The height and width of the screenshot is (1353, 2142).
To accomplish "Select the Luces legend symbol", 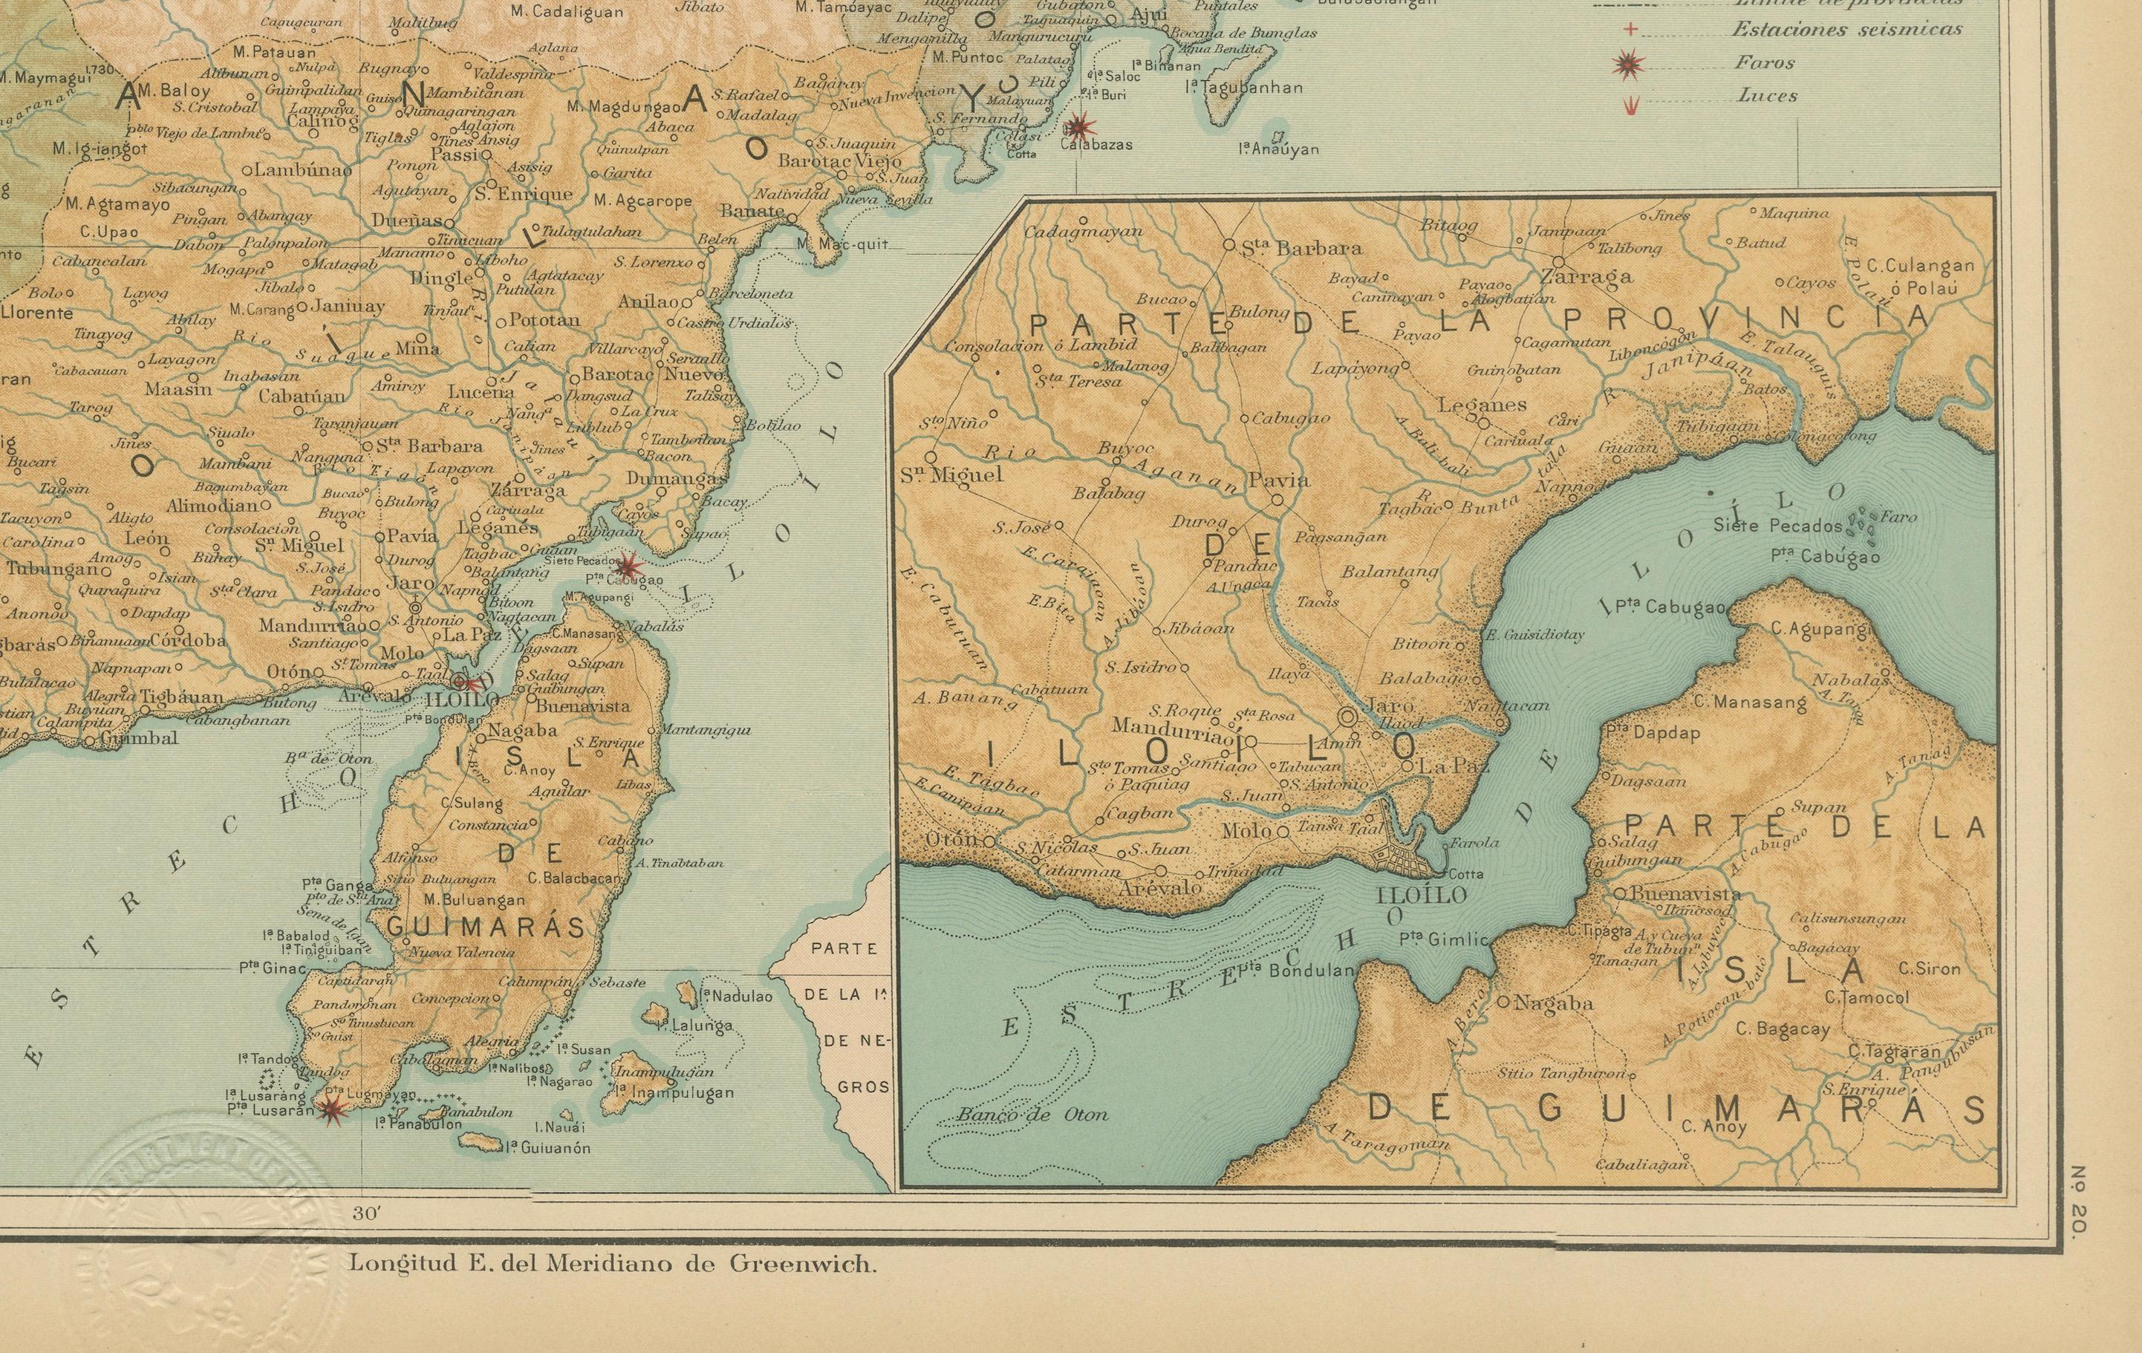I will coord(1632,105).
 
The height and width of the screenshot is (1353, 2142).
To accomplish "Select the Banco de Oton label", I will coord(1032,1115).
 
